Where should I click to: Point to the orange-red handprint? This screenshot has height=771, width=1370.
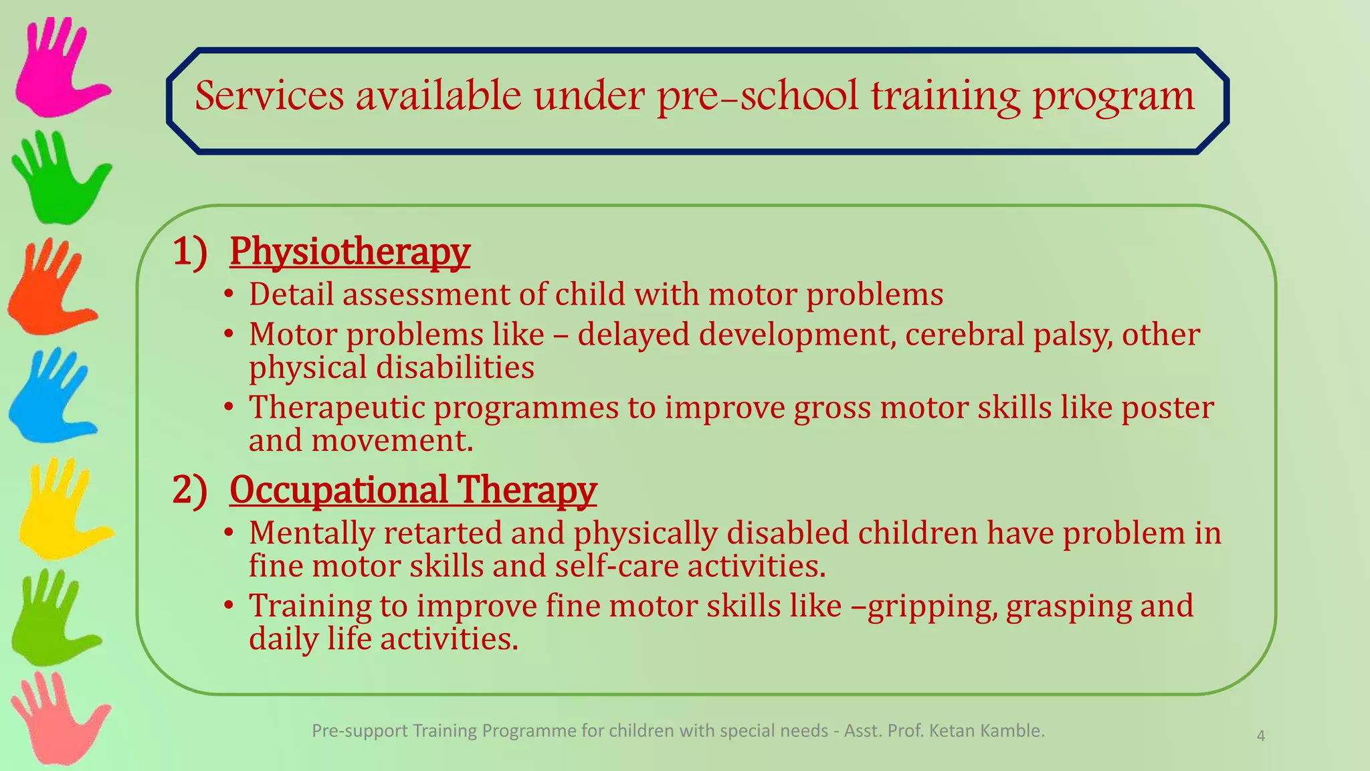[50, 291]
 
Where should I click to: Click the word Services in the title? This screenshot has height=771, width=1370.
[269, 96]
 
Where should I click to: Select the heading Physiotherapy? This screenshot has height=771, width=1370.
[349, 252]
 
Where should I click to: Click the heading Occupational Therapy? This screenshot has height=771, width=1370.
[412, 490]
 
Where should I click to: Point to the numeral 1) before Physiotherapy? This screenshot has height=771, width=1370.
[189, 252]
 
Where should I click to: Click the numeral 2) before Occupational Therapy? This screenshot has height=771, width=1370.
[189, 490]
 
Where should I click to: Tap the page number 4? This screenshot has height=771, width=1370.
[1260, 736]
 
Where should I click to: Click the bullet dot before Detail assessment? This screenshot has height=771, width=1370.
[229, 294]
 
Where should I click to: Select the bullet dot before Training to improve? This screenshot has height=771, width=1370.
[229, 606]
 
